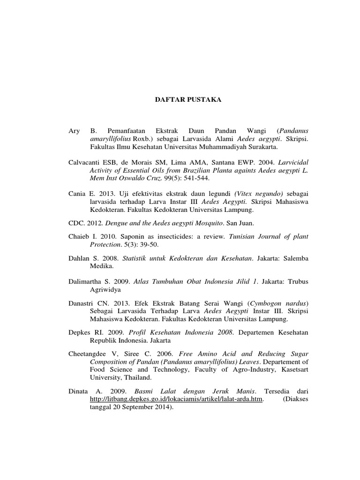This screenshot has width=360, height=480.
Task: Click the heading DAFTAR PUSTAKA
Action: (180, 99)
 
